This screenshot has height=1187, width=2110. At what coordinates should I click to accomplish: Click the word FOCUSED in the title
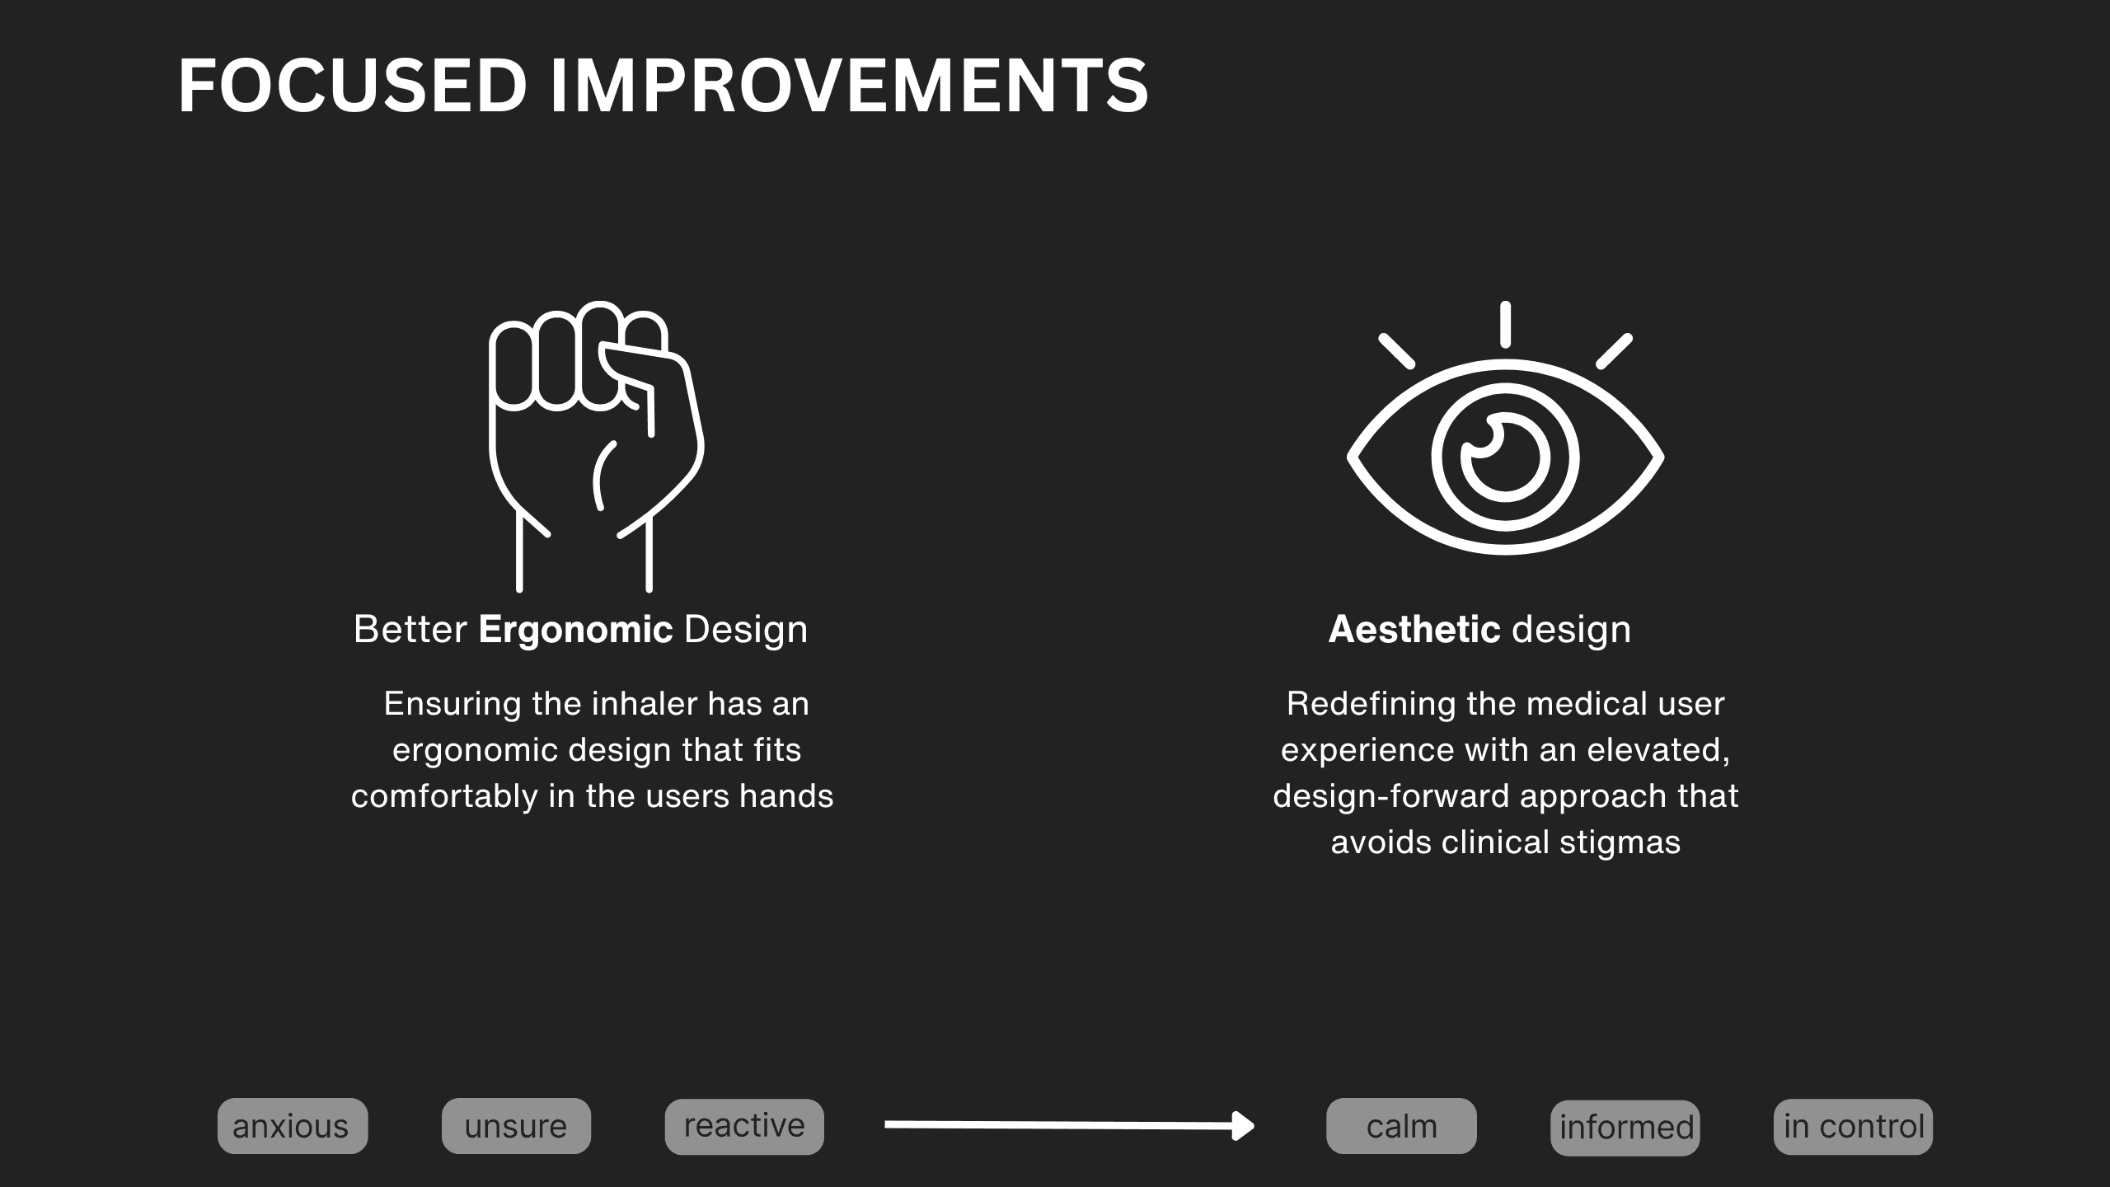pyautogui.click(x=353, y=86)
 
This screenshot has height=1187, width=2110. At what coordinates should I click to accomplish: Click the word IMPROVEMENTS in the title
pyautogui.click(x=849, y=86)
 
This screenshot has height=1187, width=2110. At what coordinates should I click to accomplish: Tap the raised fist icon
pyautogui.click(x=597, y=446)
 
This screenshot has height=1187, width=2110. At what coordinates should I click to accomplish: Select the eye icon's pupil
pyautogui.click(x=1505, y=457)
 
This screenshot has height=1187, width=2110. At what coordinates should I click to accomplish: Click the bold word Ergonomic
pyautogui.click(x=575, y=630)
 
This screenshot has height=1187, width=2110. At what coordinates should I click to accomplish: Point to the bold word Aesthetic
pyautogui.click(x=1414, y=630)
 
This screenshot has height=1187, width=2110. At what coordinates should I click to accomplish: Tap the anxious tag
pyautogui.click(x=293, y=1126)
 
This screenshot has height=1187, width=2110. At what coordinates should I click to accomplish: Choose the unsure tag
pyautogui.click(x=516, y=1126)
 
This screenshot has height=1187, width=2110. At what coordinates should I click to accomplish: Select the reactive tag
pyautogui.click(x=744, y=1126)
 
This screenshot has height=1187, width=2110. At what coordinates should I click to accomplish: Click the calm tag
pyautogui.click(x=1401, y=1126)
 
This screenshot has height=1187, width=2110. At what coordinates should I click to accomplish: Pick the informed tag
pyautogui.click(x=1625, y=1128)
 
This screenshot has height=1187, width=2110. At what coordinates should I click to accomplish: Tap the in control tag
pyautogui.click(x=1853, y=1127)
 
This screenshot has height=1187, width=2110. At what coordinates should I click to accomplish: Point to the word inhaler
pyautogui.click(x=645, y=704)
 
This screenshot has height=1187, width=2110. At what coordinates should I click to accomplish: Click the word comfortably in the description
pyautogui.click(x=444, y=797)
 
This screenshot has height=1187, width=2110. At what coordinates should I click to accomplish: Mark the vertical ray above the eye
pyautogui.click(x=1505, y=324)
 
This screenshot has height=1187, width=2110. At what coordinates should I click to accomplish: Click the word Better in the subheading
pyautogui.click(x=410, y=630)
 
